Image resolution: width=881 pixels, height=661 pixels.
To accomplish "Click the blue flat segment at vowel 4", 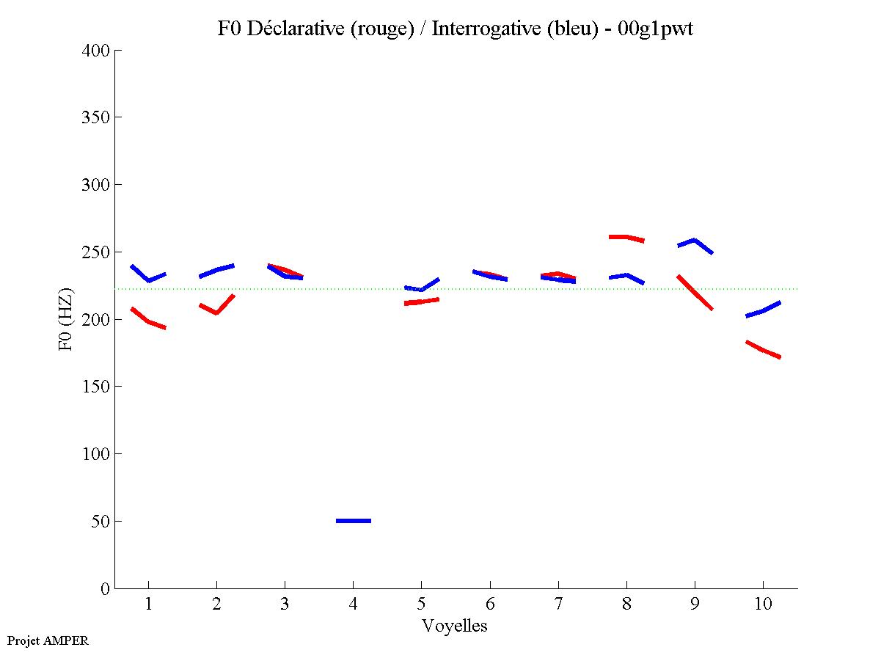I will coord(354,521).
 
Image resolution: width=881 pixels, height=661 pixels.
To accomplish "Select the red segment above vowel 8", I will coord(626,237).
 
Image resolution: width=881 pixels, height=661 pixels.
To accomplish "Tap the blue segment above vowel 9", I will coord(695,241).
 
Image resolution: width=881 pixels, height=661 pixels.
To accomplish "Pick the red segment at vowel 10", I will coord(763,350).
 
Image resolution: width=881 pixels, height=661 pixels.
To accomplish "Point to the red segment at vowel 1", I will coord(148,321).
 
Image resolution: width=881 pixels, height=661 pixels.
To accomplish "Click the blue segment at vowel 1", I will coord(148,280).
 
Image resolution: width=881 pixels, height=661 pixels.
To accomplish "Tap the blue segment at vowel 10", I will coord(763,311).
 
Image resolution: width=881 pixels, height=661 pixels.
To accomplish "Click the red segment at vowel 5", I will coord(421,302).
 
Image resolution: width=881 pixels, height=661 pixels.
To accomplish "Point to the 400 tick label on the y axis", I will coord(96,51).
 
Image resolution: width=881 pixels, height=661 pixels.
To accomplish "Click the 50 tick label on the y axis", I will coord(100,522).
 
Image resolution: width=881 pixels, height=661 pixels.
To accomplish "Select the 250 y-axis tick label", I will coord(96,252).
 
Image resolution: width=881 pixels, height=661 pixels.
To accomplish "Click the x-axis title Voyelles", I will coord(455,626).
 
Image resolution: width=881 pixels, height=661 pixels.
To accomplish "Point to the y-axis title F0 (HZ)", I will coord(67,319).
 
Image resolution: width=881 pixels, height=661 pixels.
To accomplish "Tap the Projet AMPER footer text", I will coord(48,640).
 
